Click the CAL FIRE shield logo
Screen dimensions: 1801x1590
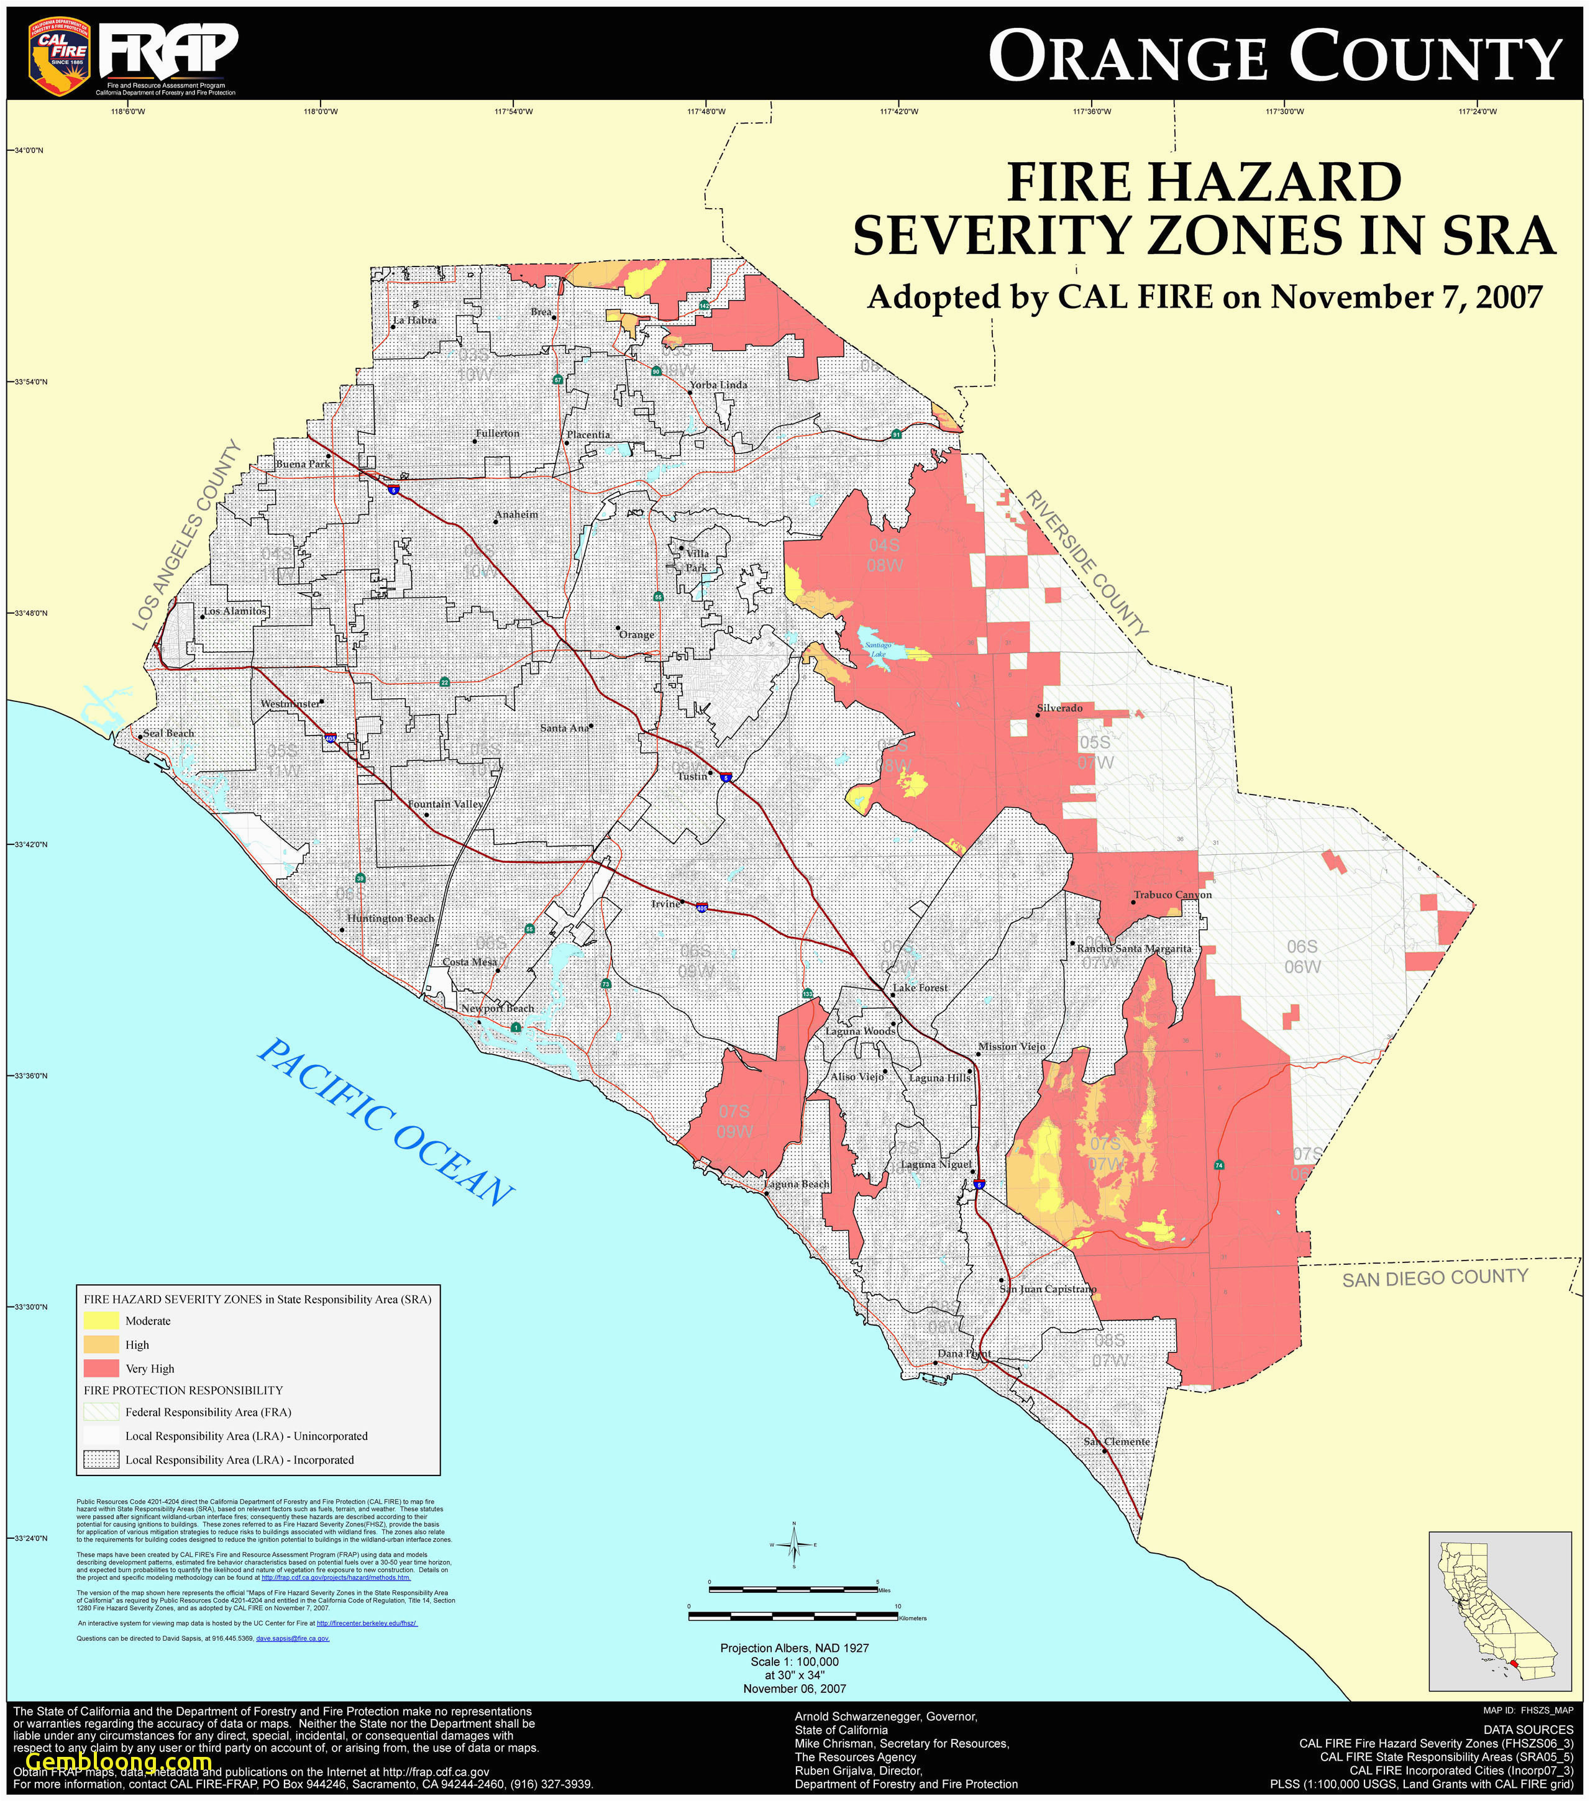[x=59, y=55]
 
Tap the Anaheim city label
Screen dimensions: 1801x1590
[x=516, y=514]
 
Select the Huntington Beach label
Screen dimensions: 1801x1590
[x=390, y=918]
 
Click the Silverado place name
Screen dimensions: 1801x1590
[x=1059, y=708]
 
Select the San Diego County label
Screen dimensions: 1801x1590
[x=1434, y=1278]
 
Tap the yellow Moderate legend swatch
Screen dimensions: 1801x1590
[x=101, y=1321]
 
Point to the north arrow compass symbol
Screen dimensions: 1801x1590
[x=793, y=1544]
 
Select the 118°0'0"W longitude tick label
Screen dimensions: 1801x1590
[x=320, y=112]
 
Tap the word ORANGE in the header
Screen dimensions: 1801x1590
[x=1128, y=57]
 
